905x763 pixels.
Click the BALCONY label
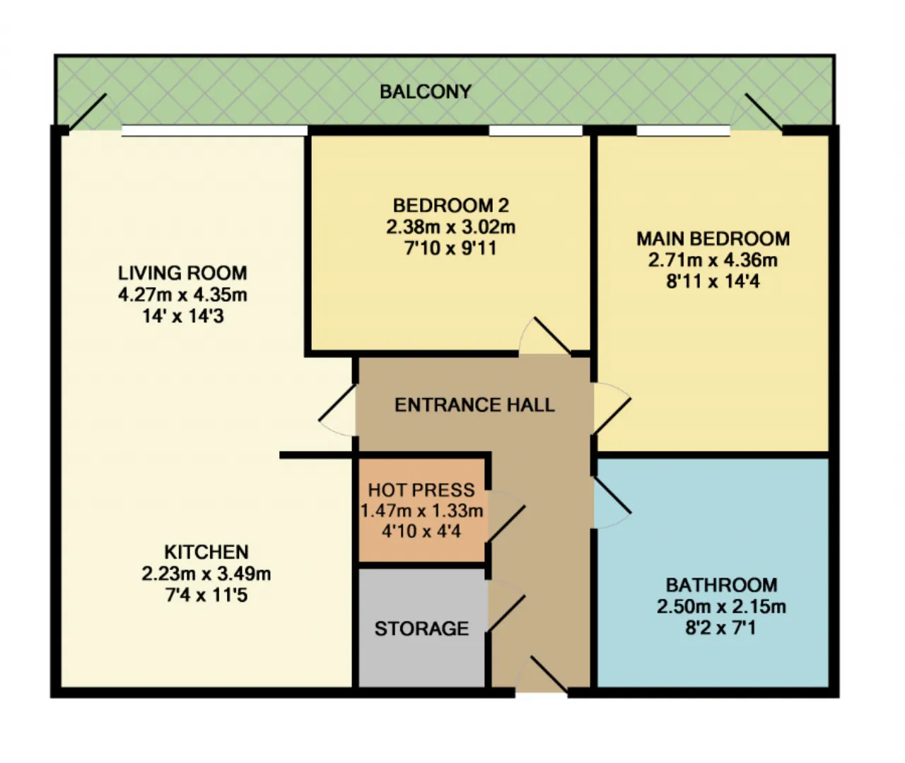click(425, 92)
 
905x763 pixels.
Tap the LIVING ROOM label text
click(182, 273)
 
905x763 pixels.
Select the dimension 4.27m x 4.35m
click(182, 295)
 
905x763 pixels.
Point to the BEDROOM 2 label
click(451, 206)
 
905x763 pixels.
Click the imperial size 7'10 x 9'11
click(451, 248)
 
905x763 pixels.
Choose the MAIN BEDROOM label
click(713, 239)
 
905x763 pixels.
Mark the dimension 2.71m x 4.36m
click(713, 260)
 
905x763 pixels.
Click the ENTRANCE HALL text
click(474, 405)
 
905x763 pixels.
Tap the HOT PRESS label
click(421, 490)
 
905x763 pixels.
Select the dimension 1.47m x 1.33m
click(421, 511)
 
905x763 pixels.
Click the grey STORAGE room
click(421, 628)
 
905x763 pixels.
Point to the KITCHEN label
click(206, 552)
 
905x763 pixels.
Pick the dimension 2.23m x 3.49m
click(206, 573)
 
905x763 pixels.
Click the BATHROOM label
click(721, 586)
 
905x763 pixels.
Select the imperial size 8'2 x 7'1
click(721, 628)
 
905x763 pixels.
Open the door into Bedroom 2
click(552, 336)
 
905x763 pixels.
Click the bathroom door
click(612, 495)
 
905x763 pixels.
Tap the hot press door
click(506, 524)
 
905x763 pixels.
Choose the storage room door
click(506, 613)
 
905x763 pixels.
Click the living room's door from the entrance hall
click(337, 403)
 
